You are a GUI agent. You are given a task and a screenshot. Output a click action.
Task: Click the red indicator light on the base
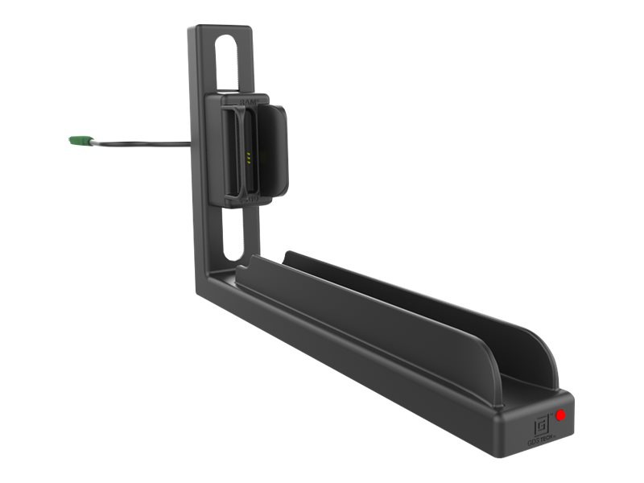560,415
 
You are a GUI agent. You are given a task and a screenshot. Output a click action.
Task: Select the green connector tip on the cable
77,141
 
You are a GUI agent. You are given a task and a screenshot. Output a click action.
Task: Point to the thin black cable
145,145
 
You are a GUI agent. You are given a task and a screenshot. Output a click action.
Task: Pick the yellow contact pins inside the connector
249,156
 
